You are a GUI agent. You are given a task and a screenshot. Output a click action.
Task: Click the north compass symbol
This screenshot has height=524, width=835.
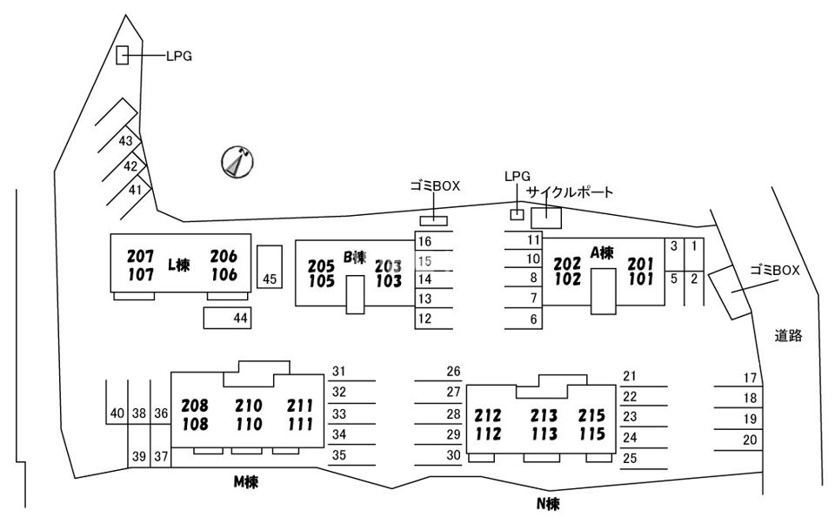pyautogui.click(x=237, y=161)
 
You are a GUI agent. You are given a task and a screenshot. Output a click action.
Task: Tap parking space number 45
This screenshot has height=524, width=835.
pyautogui.click(x=270, y=279)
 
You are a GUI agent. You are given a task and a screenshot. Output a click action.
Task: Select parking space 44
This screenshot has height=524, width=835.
pyautogui.click(x=241, y=319)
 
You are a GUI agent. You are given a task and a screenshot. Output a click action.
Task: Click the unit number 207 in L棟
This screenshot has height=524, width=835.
pyautogui.click(x=140, y=257)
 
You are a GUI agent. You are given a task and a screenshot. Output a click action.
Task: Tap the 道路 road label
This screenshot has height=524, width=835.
pyautogui.click(x=788, y=335)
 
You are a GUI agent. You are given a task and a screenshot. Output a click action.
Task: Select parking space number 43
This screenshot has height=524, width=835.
pyautogui.click(x=126, y=141)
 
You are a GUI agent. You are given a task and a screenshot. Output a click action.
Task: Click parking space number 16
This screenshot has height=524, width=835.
pyautogui.click(x=424, y=241)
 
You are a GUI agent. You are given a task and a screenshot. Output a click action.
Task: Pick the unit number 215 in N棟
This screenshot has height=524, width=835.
pyautogui.click(x=591, y=416)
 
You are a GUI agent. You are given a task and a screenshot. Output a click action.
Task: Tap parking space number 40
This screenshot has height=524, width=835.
pyautogui.click(x=117, y=413)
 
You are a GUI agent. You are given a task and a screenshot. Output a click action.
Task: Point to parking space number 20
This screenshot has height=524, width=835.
pyautogui.click(x=750, y=440)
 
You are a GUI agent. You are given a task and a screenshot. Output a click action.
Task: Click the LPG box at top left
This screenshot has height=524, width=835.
pyautogui.click(x=123, y=56)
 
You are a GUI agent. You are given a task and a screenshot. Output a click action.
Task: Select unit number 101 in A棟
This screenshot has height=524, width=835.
pyautogui.click(x=640, y=279)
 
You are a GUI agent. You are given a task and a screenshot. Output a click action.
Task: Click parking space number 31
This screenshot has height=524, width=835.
pyautogui.click(x=339, y=372)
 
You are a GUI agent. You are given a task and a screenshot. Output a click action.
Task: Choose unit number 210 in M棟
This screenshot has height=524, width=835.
pyautogui.click(x=248, y=406)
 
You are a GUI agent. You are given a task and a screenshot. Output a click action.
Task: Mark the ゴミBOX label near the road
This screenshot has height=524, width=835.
pyautogui.click(x=774, y=270)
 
